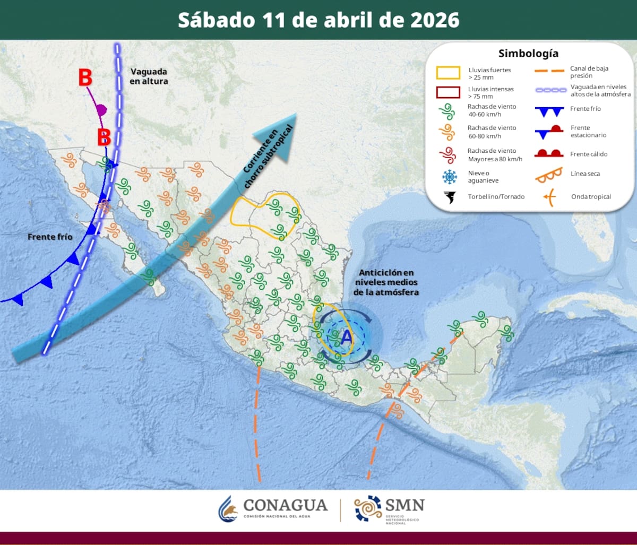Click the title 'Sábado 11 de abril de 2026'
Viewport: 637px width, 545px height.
pos(318,20)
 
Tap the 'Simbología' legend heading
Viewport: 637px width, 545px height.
pos(528,54)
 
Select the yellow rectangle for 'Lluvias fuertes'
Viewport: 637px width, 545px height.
pos(448,73)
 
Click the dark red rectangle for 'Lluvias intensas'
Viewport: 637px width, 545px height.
pos(448,92)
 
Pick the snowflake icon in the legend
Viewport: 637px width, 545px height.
pos(450,176)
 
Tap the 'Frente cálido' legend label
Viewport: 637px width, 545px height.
pos(589,154)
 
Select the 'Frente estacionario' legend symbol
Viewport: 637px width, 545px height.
pos(548,131)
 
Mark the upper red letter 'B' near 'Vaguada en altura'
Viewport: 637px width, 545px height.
pos(85,77)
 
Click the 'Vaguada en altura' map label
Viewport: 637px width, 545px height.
pos(149,76)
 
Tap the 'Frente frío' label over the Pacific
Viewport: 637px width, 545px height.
pos(50,237)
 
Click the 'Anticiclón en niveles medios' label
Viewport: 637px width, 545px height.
pos(386,282)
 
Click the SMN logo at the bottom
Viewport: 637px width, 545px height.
pos(390,509)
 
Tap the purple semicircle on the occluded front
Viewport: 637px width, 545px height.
pos(101,110)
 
